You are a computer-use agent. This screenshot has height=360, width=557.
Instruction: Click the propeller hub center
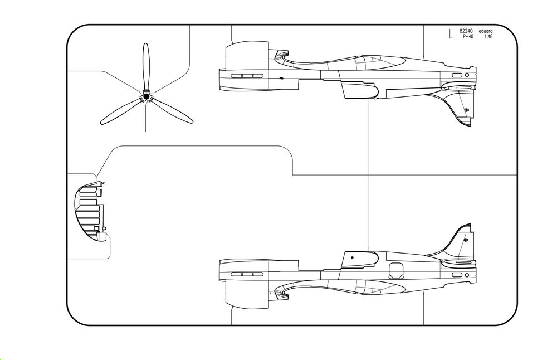[x=146, y=96]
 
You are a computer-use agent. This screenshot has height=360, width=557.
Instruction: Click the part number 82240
[x=466, y=31]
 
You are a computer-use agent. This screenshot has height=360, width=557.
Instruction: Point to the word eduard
[x=486, y=31]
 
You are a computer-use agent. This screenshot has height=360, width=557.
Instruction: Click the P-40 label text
[x=468, y=36]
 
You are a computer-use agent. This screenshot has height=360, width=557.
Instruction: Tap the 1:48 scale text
[x=488, y=36]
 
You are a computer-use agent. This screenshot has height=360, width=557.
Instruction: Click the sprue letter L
[x=451, y=34]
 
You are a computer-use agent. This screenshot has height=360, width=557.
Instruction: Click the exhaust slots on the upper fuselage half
[x=247, y=76]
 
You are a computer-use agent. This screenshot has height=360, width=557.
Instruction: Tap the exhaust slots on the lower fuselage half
[x=247, y=274]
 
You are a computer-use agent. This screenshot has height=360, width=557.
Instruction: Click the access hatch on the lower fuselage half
[x=396, y=271]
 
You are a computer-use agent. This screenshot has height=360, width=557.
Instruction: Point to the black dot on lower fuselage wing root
[x=353, y=257]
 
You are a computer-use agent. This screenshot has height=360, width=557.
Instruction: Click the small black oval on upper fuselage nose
[x=281, y=78]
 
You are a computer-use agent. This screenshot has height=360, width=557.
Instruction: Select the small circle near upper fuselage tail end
[x=467, y=75]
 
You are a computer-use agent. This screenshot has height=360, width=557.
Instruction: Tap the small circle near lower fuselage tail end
[x=467, y=275]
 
